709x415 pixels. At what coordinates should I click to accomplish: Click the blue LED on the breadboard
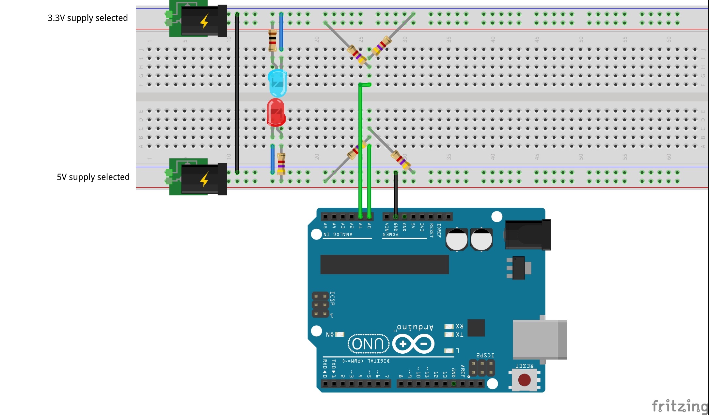pyautogui.click(x=277, y=82)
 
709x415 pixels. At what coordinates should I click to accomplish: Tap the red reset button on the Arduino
pyautogui.click(x=524, y=380)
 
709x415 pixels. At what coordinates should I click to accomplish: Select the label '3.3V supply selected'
pyautogui.click(x=88, y=18)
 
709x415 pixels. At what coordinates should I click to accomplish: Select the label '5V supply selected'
pyautogui.click(x=93, y=177)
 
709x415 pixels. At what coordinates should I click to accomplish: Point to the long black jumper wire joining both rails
pyautogui.click(x=237, y=93)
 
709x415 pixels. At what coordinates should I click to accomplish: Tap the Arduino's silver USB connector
pyautogui.click(x=539, y=339)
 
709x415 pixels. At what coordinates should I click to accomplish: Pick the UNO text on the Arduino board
pyautogui.click(x=368, y=344)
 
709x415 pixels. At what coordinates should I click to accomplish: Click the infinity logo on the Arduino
pyautogui.click(x=413, y=344)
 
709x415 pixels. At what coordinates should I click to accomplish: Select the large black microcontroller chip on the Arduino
pyautogui.click(x=385, y=264)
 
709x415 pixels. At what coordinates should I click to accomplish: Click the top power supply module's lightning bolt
pyautogui.click(x=204, y=21)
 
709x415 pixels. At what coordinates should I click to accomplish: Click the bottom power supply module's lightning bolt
pyautogui.click(x=204, y=180)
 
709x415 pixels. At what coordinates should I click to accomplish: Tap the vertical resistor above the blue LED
pyautogui.click(x=272, y=40)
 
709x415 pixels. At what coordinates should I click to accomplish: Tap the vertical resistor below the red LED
pyautogui.click(x=281, y=163)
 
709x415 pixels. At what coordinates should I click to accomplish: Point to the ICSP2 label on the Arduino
pyautogui.click(x=485, y=355)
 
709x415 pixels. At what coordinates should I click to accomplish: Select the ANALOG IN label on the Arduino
pyautogui.click(x=338, y=235)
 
